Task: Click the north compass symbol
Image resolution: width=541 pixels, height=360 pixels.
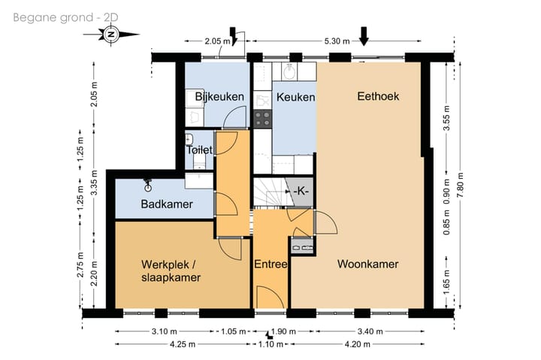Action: point(111,35)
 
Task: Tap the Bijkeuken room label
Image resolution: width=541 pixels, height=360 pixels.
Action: point(219,97)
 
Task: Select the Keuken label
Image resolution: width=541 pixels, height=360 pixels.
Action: point(296,98)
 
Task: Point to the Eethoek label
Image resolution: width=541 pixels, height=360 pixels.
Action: point(378,96)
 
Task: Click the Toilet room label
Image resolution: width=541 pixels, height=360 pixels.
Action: point(199,150)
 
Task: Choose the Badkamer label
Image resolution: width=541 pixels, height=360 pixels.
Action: point(167,204)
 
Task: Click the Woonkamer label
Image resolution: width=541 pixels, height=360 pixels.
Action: point(367,264)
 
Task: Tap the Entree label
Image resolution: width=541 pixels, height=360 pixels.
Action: point(270,265)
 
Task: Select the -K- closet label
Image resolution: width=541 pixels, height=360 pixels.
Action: point(301,191)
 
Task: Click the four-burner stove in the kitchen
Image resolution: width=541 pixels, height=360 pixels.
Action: point(262,119)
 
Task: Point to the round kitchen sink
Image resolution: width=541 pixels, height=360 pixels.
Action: point(289,72)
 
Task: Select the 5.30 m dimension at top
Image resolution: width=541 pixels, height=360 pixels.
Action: point(337,41)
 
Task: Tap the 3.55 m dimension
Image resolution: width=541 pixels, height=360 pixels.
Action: point(446,118)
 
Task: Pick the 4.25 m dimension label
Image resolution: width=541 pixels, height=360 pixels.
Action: point(183,344)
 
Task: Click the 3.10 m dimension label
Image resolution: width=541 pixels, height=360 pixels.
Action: point(165,331)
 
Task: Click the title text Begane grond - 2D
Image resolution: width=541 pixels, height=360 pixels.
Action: point(65,17)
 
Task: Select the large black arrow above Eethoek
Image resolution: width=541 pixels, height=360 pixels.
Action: point(364,36)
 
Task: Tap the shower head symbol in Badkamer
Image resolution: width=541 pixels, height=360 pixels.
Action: point(148,185)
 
